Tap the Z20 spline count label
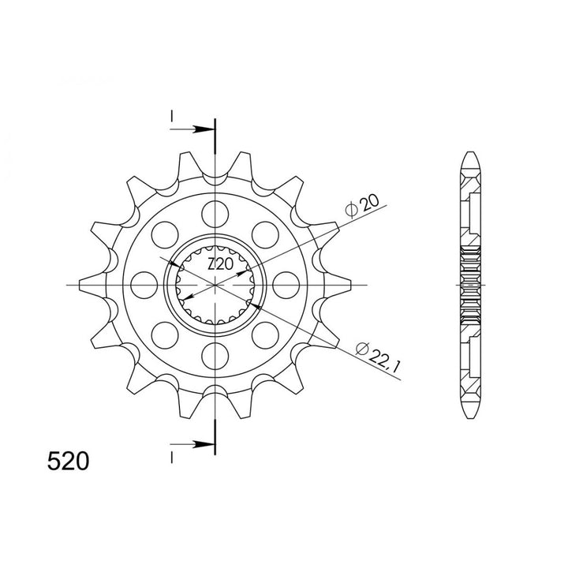[x=219, y=265]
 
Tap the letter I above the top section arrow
[x=170, y=118]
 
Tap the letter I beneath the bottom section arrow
[x=170, y=455]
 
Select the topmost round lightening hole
[x=215, y=212]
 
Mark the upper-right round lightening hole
[x=265, y=234]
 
